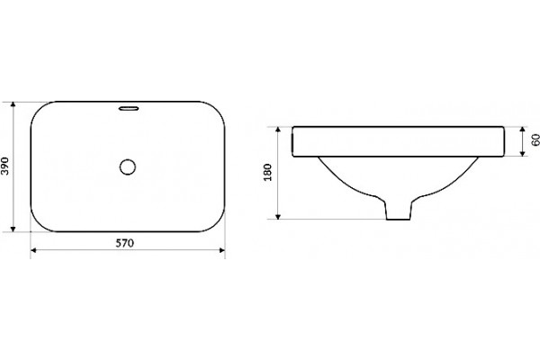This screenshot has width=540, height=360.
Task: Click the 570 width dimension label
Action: point(124,243)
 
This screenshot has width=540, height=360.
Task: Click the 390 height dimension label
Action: point(4,166)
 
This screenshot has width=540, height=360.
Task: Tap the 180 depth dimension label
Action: point(267,172)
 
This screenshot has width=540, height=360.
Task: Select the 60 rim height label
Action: point(535,140)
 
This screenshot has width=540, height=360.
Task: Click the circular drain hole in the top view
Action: point(128,167)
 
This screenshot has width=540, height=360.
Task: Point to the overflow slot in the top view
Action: point(129,109)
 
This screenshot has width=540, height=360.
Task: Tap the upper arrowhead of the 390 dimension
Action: point(13,104)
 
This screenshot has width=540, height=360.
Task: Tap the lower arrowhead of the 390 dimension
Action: point(13,229)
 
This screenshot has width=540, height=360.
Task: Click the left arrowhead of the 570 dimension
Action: point(34,250)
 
